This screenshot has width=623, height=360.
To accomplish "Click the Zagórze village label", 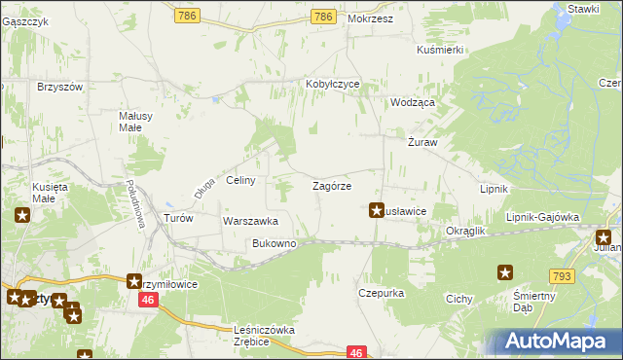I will point(331,185).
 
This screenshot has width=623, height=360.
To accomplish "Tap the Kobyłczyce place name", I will point(333,84).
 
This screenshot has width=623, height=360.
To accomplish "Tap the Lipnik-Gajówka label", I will point(542,217).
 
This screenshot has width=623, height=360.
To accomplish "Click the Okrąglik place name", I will point(465,232).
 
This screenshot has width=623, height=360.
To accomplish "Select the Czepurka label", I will point(381,292).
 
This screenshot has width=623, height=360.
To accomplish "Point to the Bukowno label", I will point(274,243).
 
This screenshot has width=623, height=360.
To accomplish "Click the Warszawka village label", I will point(250,221).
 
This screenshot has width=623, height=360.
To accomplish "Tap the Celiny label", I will point(240,180).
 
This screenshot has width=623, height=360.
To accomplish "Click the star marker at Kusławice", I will point(377,208).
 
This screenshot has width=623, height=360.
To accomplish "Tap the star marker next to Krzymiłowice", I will point(135,281).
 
